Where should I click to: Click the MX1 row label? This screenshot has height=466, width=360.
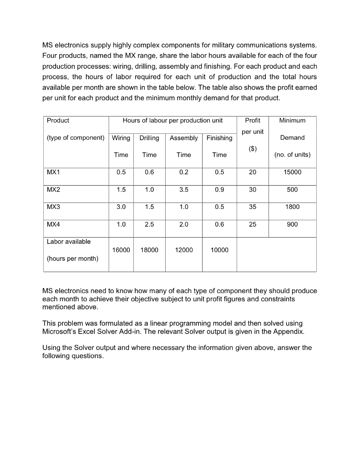[x=53, y=172]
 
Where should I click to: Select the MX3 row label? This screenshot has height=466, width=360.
[x=53, y=207]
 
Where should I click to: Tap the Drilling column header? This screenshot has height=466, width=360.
[x=149, y=138]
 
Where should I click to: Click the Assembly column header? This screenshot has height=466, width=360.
[x=183, y=138]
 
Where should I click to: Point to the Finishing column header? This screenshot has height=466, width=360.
[x=219, y=138]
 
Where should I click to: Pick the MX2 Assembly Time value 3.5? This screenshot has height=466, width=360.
[x=183, y=190]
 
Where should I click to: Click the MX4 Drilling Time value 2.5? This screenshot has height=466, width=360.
[x=149, y=224]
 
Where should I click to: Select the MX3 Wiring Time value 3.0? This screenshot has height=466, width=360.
[x=121, y=207]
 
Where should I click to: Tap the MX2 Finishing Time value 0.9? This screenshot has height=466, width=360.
[x=219, y=190]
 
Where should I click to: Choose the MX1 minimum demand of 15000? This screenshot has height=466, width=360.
[x=292, y=172]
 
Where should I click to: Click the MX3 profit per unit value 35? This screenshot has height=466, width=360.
[x=253, y=207]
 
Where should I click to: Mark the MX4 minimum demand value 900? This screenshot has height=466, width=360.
[x=292, y=224]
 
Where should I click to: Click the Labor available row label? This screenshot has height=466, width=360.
[x=69, y=242]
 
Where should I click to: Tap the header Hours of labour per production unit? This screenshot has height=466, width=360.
[x=172, y=121]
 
